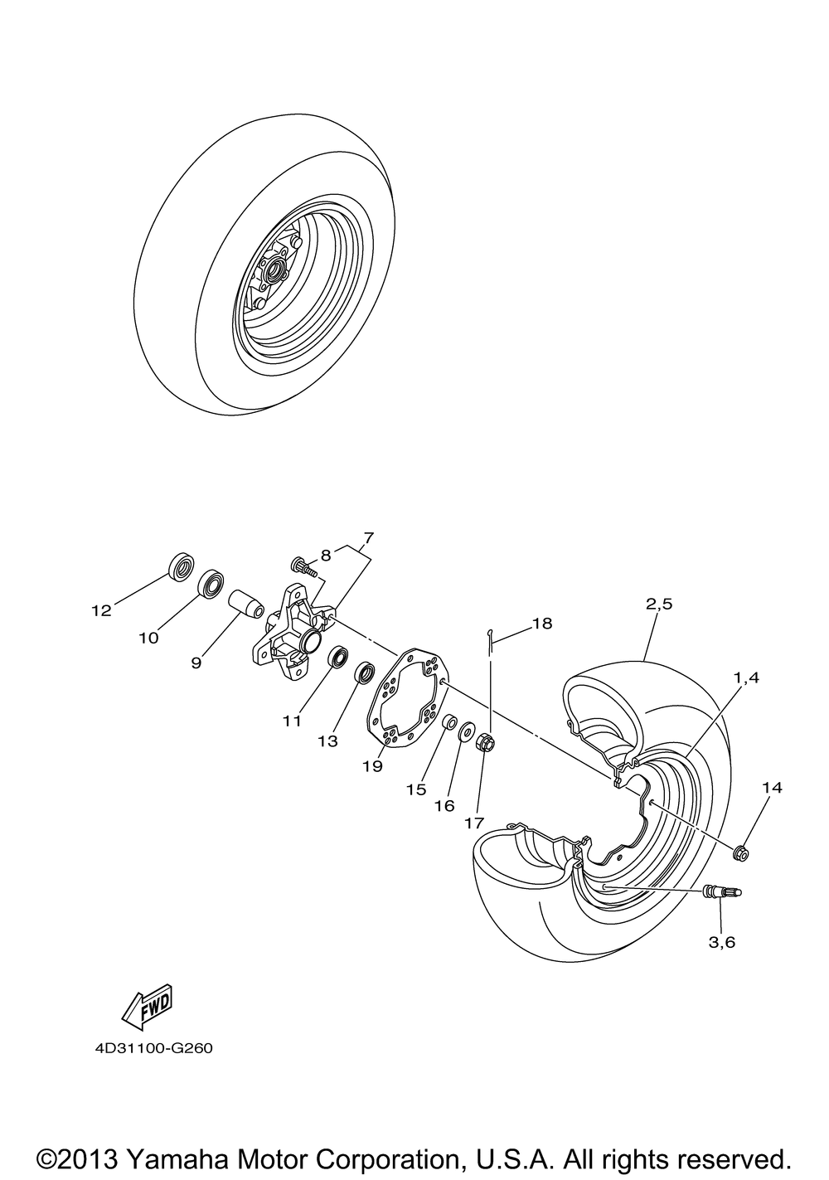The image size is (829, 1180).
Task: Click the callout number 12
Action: pyautogui.click(x=102, y=610)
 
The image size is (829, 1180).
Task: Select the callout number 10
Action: pyautogui.click(x=148, y=638)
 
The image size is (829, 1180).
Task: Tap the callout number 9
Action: pyautogui.click(x=196, y=663)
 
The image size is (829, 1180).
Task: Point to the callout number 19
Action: pyautogui.click(x=372, y=766)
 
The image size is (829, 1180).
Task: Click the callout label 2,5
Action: pyautogui.click(x=659, y=604)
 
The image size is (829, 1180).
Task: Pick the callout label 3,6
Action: pyautogui.click(x=721, y=942)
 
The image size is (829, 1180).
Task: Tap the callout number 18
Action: pyautogui.click(x=542, y=624)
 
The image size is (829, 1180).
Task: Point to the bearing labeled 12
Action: pyautogui.click(x=182, y=567)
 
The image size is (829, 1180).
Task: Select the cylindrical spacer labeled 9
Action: pyautogui.click(x=247, y=603)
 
